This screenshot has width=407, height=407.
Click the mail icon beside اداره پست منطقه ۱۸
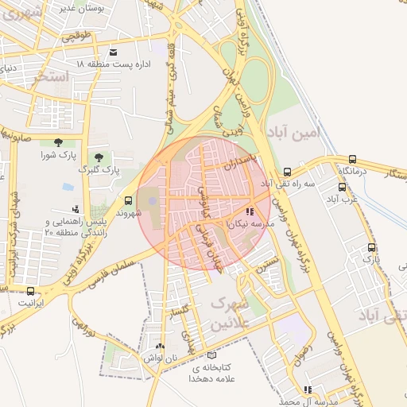[114, 52]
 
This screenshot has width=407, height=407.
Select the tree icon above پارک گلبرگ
[99, 157]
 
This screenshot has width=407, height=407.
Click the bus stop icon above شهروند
[129, 200]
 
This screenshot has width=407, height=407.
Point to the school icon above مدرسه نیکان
[250, 212]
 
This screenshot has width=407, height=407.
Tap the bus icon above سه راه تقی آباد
[287, 171]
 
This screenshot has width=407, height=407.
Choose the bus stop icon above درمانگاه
[352, 158]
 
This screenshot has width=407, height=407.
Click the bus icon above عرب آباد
[342, 187]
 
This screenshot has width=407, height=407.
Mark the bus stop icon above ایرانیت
[31, 291]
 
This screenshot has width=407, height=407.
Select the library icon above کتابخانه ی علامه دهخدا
[211, 355]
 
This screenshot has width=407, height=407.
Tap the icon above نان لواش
[161, 347]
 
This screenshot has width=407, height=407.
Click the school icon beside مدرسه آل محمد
[308, 390]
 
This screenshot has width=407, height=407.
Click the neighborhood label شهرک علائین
[231, 313]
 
